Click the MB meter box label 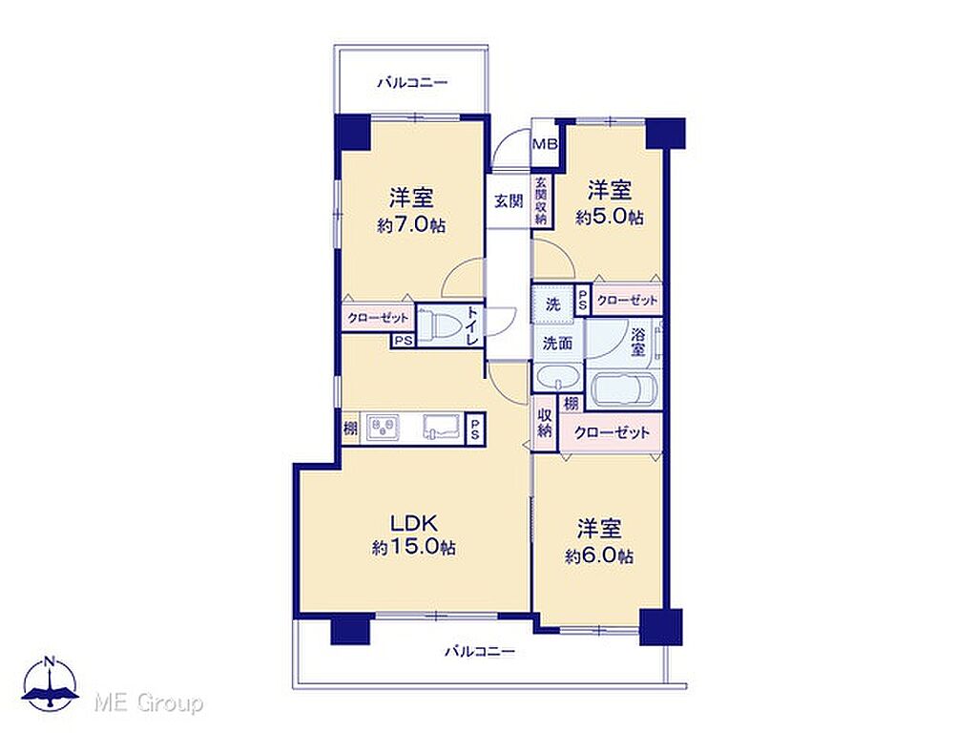(x=544, y=145)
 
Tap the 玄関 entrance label (x=509, y=200)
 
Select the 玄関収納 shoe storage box (x=541, y=200)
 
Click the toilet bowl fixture (x=438, y=325)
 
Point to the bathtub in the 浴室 (x=624, y=389)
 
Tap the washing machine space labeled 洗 (x=552, y=304)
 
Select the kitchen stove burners (x=384, y=428)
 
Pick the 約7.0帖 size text (x=410, y=225)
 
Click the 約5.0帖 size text (x=610, y=218)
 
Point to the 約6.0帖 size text (x=599, y=555)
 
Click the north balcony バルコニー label (x=412, y=82)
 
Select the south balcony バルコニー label (x=480, y=652)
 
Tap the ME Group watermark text (x=148, y=703)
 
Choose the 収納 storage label (x=545, y=422)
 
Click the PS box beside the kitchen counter (x=475, y=429)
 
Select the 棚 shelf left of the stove (x=351, y=429)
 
